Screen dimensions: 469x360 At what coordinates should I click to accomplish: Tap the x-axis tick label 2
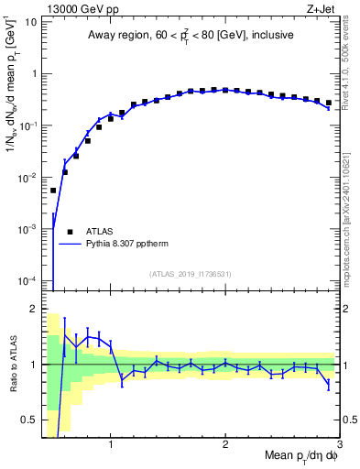[225, 446]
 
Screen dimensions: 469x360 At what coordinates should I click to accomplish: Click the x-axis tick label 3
[339, 446]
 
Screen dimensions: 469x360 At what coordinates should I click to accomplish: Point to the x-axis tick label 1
[111, 446]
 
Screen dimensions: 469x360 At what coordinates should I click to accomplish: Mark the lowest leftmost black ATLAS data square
[53, 191]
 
